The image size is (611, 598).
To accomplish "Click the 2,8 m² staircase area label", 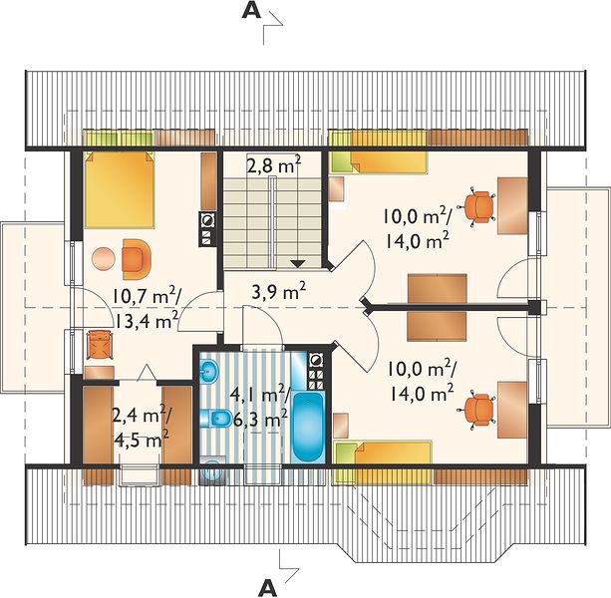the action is [274, 164].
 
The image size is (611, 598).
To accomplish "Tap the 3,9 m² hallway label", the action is [279, 291].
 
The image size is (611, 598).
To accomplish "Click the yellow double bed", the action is [120, 189].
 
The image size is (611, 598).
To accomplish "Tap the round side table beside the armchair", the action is [104, 258].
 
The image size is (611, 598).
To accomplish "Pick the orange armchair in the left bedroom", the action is [136, 259].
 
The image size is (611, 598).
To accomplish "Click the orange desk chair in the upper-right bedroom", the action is [479, 205].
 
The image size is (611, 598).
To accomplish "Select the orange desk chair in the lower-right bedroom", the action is [479, 410].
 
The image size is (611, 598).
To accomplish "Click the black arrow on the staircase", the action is [298, 263].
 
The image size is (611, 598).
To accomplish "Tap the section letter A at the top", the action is [251, 11].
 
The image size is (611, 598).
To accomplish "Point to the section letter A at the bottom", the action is [267, 587].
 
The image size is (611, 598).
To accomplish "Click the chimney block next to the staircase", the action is [207, 229].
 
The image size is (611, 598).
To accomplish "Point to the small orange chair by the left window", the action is [100, 344].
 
